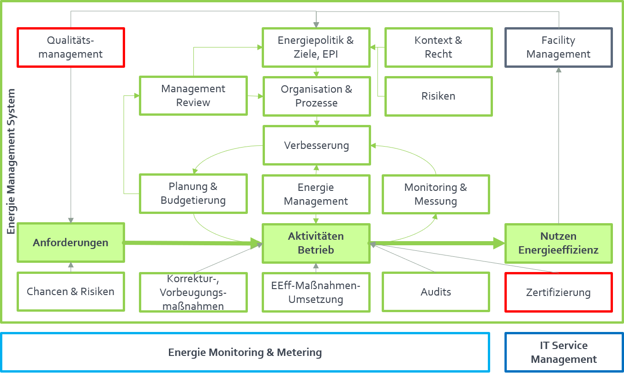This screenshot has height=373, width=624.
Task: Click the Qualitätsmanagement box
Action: (x=71, y=47)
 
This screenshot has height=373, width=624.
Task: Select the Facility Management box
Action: (x=558, y=47)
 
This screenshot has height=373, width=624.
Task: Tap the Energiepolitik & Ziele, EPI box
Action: (x=316, y=47)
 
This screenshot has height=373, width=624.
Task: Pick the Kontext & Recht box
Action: (x=438, y=47)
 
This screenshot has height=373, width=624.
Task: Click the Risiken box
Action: (x=438, y=96)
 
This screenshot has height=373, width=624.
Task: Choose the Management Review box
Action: (x=193, y=95)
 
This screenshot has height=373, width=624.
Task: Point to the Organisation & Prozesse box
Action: (x=316, y=96)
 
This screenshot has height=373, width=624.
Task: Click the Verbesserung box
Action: (x=316, y=145)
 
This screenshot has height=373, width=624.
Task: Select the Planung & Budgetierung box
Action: (x=193, y=193)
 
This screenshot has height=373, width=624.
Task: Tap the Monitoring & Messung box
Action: (x=436, y=194)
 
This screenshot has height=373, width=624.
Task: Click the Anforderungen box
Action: (x=71, y=243)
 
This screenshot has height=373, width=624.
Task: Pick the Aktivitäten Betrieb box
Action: (x=316, y=243)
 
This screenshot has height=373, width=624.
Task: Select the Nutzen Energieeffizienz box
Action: (x=558, y=243)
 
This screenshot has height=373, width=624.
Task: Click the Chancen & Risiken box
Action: (x=71, y=291)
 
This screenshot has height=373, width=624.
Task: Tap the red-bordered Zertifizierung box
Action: (x=558, y=292)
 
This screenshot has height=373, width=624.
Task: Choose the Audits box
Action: (x=436, y=291)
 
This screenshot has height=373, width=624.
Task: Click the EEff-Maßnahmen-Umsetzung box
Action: (x=316, y=292)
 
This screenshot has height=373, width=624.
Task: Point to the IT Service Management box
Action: (x=564, y=352)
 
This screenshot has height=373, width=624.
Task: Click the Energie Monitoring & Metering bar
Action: (x=245, y=352)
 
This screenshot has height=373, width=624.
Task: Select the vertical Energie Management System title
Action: (x=11, y=161)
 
